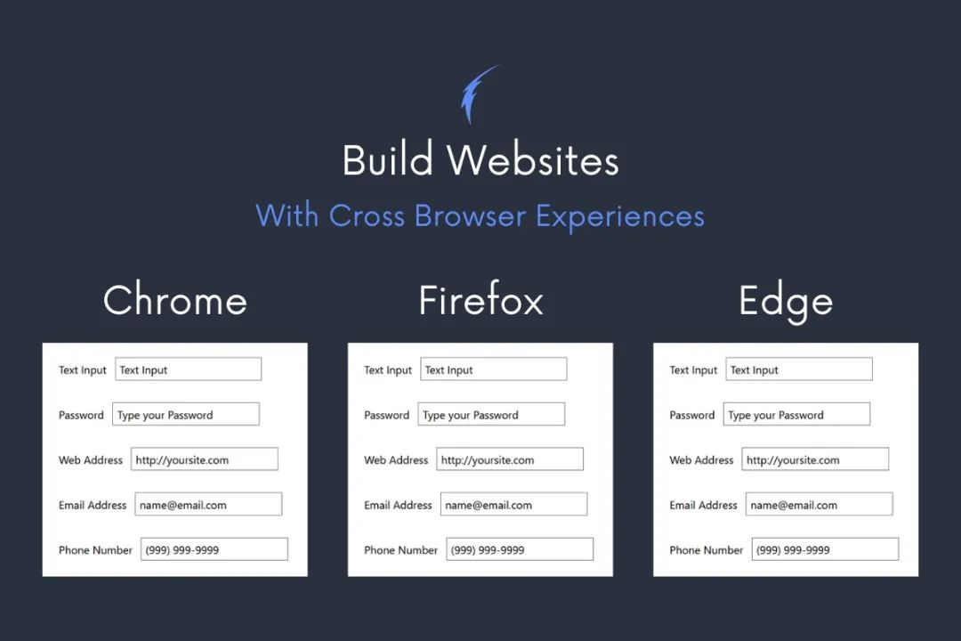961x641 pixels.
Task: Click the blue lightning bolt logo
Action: pos(476,93)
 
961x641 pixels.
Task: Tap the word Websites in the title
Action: pos(533,161)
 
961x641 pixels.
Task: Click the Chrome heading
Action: pos(175,300)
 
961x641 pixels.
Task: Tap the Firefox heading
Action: pos(480,300)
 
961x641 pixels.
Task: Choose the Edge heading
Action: pos(786,302)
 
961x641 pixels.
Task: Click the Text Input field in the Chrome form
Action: pos(188,369)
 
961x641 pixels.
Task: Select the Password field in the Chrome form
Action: pos(185,414)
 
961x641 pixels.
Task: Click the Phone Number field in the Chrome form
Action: pos(214,549)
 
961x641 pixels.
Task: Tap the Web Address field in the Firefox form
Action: pos(509,459)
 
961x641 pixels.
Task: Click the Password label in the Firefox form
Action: pos(386,415)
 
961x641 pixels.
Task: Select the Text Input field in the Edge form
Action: pos(798,369)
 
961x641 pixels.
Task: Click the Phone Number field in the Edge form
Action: pos(825,549)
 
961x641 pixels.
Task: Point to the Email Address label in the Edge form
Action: pos(703,505)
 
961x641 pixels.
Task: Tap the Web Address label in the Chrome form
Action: pos(91,460)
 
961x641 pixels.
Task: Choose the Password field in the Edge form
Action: pos(795,414)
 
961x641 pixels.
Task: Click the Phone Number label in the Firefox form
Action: pos(400,550)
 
